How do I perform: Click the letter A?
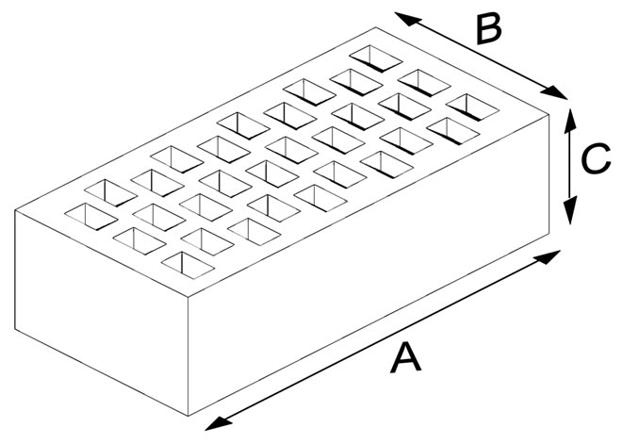pos(405,358)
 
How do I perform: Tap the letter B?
pos(489,30)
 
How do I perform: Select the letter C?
pos(596,158)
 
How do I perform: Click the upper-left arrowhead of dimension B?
pos(408,19)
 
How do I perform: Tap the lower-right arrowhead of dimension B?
pos(554,92)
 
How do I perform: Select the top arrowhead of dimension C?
pos(570,121)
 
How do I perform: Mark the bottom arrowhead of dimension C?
pos(570,211)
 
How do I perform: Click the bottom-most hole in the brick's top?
pos(188,266)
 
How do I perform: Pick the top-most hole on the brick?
pos(376,58)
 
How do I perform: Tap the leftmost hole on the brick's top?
pos(90,217)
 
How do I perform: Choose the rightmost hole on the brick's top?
pos(472,107)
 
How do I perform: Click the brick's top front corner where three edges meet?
pos(188,297)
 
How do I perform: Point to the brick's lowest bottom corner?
pos(188,416)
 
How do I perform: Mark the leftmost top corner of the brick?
pos(15,210)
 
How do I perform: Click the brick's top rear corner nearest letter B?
pos(376,27)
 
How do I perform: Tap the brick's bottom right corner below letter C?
pos(549,233)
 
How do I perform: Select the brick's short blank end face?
pos(102,313)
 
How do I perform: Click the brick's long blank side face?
pos(368,265)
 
